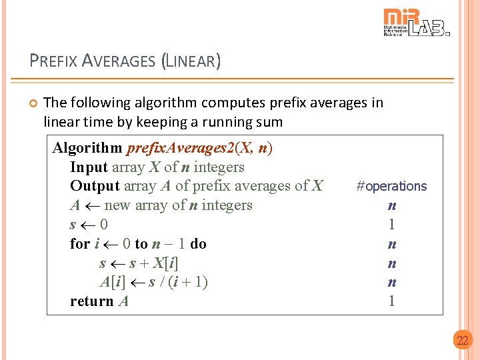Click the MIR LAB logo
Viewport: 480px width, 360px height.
coord(416,22)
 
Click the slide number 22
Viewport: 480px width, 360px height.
coord(462,341)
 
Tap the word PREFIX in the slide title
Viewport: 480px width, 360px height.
coord(53,61)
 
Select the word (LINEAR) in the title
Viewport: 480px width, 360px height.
coord(191,61)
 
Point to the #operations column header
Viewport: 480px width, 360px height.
coord(391,186)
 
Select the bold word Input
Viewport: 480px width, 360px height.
coord(89,167)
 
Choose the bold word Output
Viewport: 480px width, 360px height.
coord(93,186)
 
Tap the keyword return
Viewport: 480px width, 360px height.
coord(92,301)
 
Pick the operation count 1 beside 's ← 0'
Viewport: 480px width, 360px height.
coord(392,225)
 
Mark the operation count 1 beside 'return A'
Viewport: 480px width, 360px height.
coord(392,301)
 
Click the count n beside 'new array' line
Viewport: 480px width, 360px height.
coord(392,205)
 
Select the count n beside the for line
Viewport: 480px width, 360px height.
coord(392,244)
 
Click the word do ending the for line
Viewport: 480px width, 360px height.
coord(199,244)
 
